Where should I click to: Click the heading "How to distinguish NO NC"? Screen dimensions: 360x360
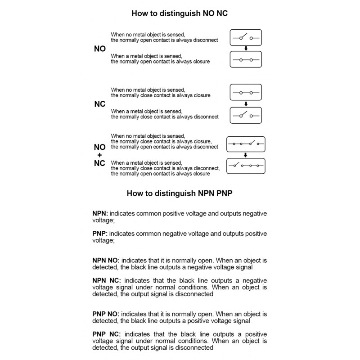(x=180, y=13)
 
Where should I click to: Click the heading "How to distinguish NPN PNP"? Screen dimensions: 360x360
(x=180, y=194)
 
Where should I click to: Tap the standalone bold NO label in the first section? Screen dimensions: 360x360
(x=99, y=49)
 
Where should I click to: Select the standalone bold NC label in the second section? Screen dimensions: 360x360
(x=99, y=104)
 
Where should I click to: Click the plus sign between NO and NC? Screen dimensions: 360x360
(x=99, y=155)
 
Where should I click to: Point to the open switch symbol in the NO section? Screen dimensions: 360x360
(x=245, y=38)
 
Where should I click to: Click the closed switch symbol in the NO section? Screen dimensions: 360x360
(x=245, y=59)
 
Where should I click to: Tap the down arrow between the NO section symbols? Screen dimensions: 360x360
(x=245, y=49)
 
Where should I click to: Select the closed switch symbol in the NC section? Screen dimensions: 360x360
(x=245, y=93)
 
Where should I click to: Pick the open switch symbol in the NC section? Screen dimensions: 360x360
(x=245, y=115)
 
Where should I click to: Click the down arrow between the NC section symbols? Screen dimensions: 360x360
(x=245, y=104)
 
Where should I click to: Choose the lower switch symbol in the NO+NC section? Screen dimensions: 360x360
(x=245, y=166)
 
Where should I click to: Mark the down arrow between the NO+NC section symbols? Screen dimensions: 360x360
(x=245, y=155)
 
